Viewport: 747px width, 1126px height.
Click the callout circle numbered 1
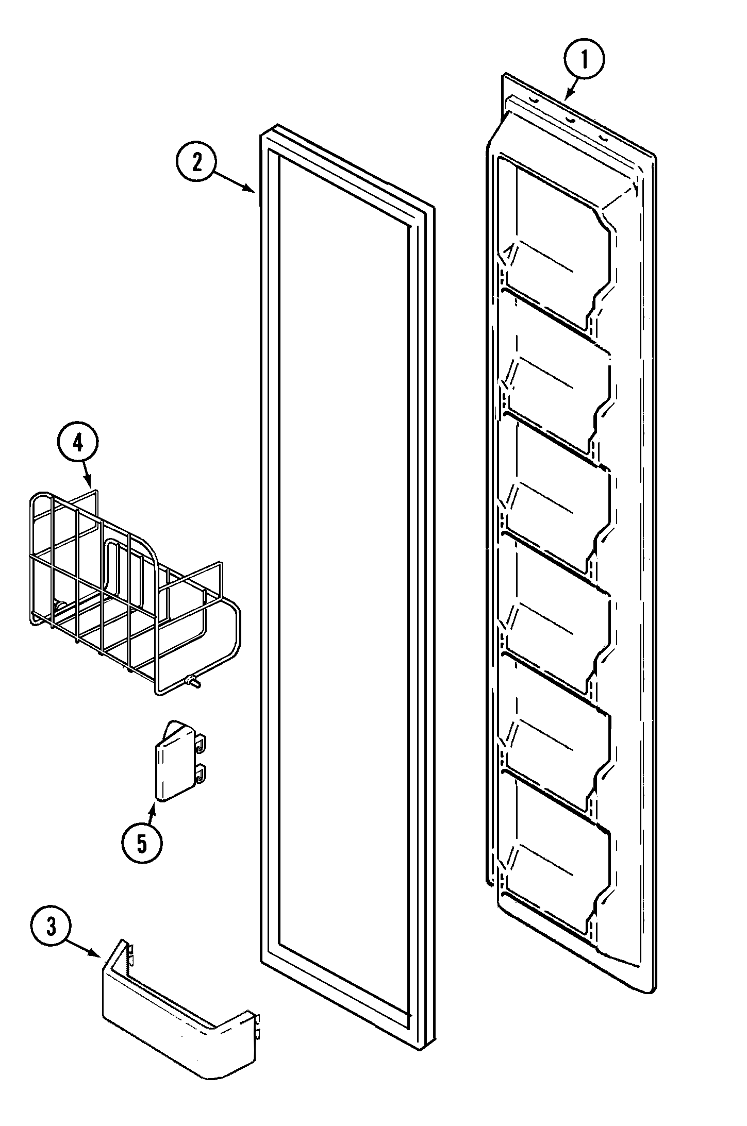tap(584, 61)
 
